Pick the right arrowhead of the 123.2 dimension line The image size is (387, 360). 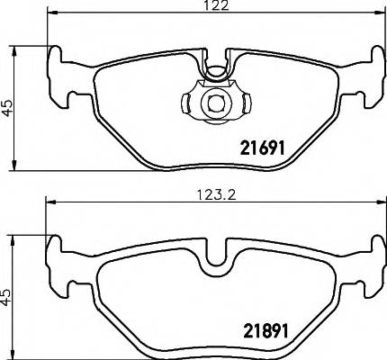(378, 202)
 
